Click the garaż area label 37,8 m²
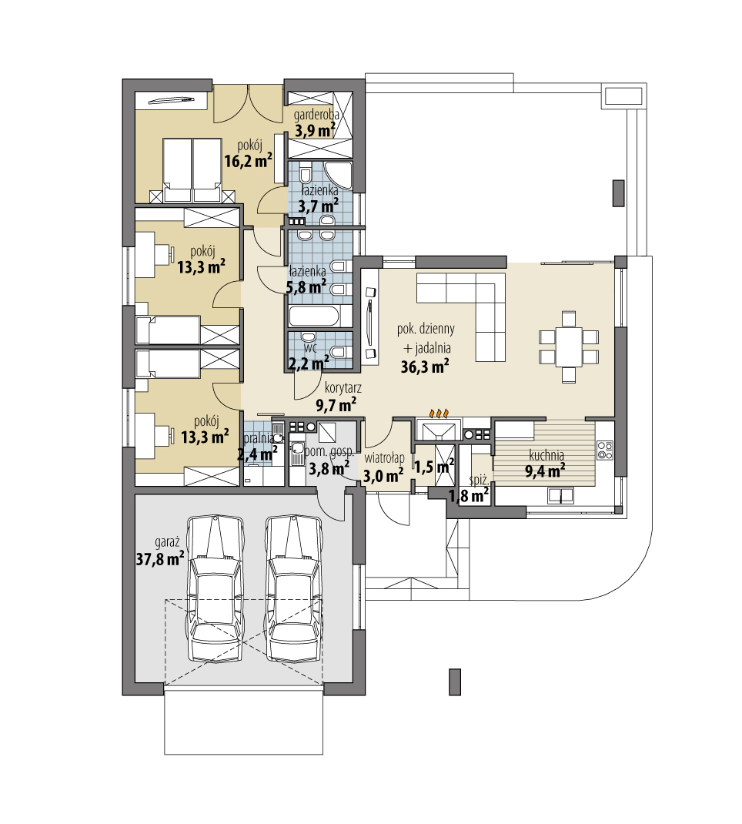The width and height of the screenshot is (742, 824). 159,558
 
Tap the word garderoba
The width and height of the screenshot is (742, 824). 316,113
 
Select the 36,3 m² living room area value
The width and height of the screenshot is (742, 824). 425,367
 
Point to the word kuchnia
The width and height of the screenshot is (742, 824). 546,455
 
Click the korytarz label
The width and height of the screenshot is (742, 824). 343,388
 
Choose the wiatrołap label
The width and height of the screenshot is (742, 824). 384,458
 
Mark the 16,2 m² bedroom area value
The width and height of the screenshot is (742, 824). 249,160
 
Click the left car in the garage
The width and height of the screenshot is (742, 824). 216,588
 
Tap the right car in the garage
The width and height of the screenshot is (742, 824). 293,588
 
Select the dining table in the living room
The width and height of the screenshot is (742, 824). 569,347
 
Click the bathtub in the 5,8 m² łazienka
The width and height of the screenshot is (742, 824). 319,317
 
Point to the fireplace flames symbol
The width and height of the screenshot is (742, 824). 440,413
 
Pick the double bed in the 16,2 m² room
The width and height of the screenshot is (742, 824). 192,170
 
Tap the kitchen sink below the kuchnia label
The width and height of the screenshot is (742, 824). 560,495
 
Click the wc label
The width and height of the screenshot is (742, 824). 310,347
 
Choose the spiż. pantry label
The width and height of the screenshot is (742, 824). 480,480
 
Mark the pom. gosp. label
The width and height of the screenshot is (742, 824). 329,451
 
